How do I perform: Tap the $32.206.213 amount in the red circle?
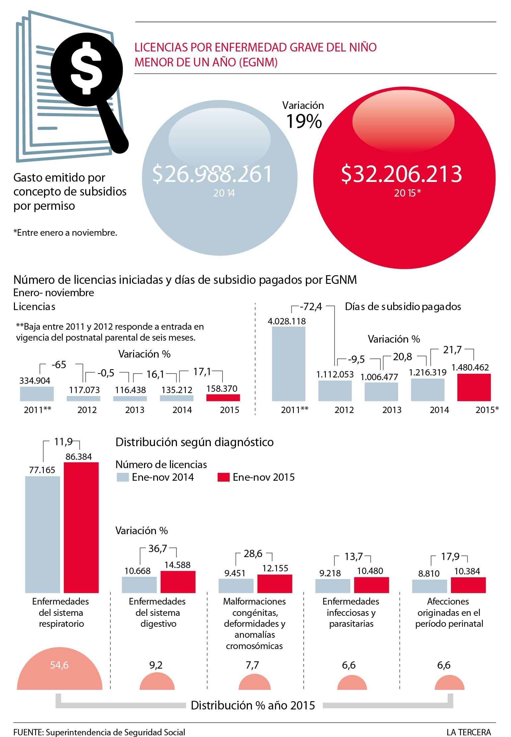402,174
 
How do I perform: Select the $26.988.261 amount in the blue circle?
212,174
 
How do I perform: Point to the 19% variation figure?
304,121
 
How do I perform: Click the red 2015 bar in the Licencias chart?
223,397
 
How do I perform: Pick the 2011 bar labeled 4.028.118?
288,364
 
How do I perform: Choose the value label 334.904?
35,380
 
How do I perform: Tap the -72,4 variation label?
311,306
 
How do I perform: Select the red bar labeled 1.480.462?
474,387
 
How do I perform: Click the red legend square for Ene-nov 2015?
223,477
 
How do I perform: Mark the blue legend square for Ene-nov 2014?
122,477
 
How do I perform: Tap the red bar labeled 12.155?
275,583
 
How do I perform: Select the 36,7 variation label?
158,548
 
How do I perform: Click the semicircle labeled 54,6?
60,671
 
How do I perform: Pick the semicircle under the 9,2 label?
157,683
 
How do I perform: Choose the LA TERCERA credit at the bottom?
469,732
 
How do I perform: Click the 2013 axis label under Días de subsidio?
392,410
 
